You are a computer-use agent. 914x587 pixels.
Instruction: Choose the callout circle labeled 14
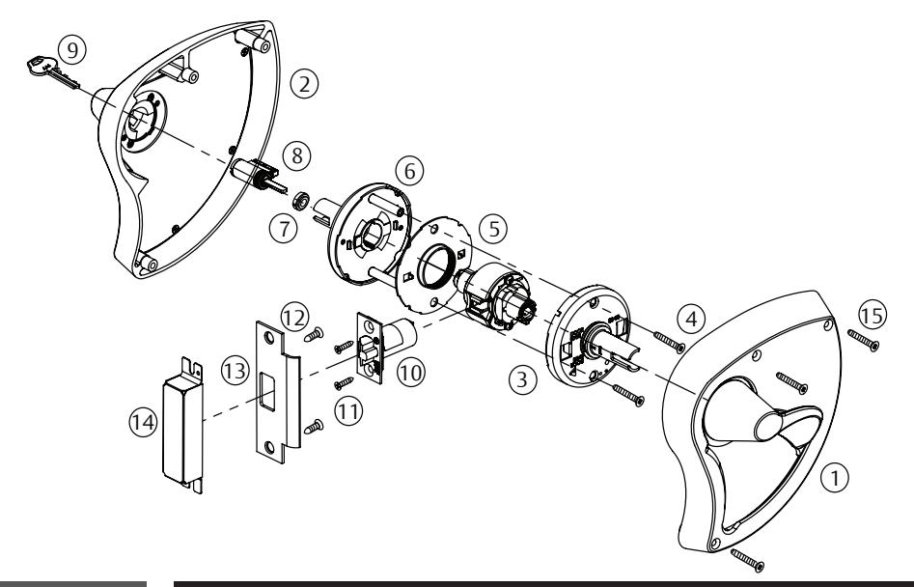(x=141, y=422)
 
